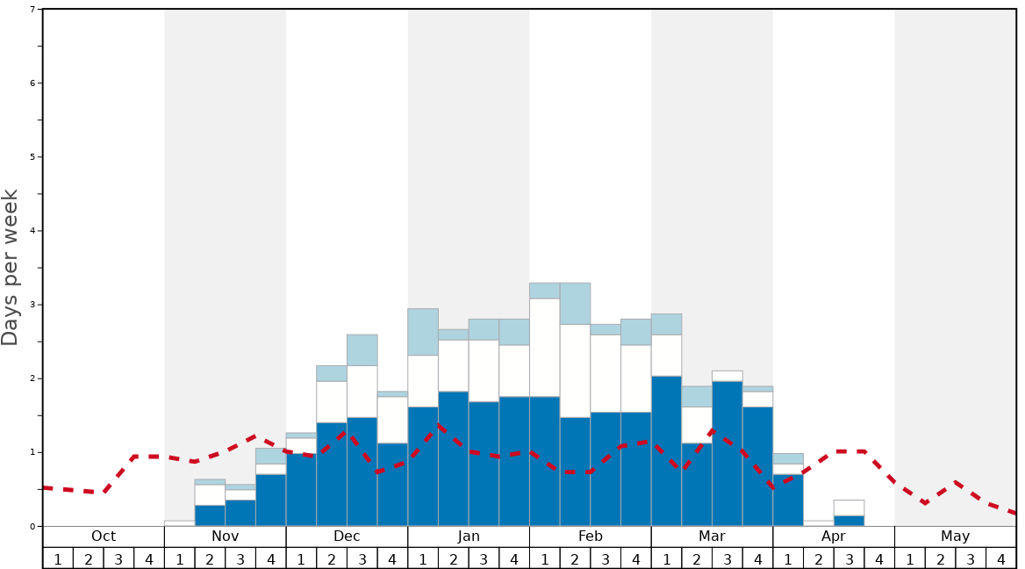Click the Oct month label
click(104, 537)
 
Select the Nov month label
click(225, 537)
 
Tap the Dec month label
click(347, 537)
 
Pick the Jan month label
click(469, 537)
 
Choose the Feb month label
click(591, 537)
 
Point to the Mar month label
click(712, 537)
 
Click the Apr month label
click(834, 537)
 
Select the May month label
click(956, 537)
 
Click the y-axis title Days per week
click(11, 268)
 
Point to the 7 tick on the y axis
click(32, 10)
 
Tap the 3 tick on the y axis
click(32, 305)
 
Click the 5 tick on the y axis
click(32, 157)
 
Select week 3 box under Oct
click(118, 558)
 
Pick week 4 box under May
click(1001, 558)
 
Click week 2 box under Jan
click(454, 558)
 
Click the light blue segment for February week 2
click(575, 304)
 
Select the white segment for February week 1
click(544, 348)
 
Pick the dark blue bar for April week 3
click(849, 521)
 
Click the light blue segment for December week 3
click(362, 350)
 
